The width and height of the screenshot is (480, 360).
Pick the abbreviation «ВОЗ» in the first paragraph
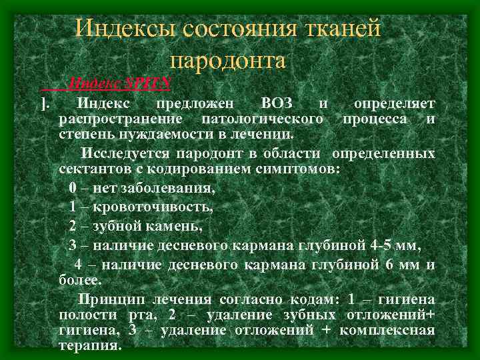[x=277, y=104]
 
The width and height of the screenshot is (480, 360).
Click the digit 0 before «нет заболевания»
[x=72, y=188]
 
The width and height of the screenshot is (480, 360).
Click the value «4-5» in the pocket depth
[x=380, y=245]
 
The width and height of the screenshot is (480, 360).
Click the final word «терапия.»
[x=90, y=346]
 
